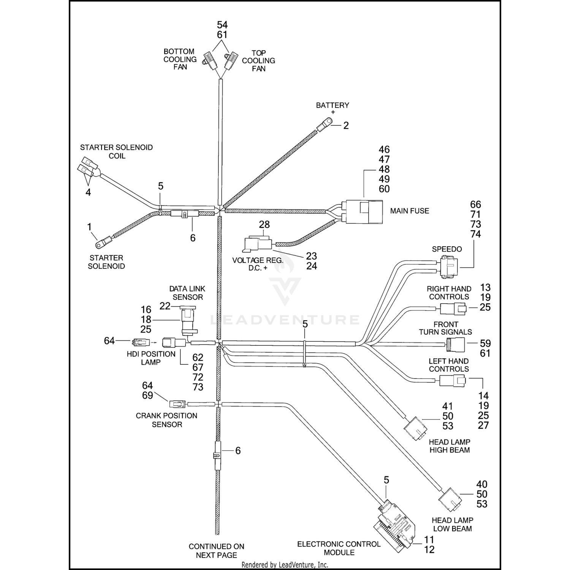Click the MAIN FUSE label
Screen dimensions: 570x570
[409, 211]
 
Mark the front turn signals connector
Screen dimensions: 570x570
[455, 345]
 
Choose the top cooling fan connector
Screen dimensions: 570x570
[231, 61]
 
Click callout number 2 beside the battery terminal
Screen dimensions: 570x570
[346, 125]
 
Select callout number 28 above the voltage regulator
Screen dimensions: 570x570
[264, 225]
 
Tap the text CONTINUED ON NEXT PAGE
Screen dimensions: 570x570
[216, 551]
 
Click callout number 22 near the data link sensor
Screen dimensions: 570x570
[165, 306]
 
